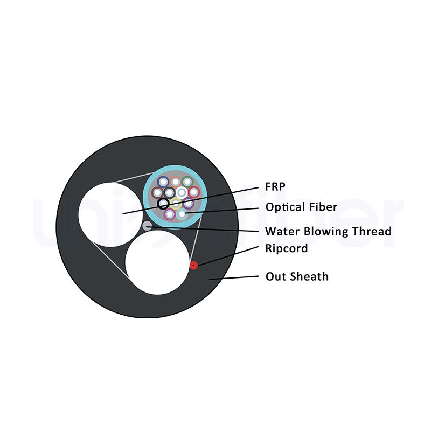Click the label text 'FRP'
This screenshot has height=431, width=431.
(x=275, y=186)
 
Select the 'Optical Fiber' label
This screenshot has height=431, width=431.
(x=301, y=207)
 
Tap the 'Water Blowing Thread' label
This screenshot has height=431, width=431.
(x=328, y=232)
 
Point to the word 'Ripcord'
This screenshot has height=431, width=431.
(x=287, y=249)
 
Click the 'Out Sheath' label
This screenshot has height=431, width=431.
(x=297, y=277)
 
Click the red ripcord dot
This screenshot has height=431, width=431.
(x=193, y=265)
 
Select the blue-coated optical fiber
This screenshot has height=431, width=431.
(x=163, y=182)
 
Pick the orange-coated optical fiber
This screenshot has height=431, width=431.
(x=175, y=182)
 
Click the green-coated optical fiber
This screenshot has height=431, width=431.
(x=187, y=182)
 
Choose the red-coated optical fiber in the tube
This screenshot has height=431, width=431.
(x=194, y=192)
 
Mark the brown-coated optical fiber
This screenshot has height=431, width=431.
(x=157, y=192)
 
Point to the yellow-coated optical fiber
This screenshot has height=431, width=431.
(x=176, y=204)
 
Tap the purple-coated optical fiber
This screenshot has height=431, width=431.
(x=188, y=204)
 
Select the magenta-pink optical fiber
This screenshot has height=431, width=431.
(x=170, y=214)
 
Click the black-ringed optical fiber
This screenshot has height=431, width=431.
(x=163, y=204)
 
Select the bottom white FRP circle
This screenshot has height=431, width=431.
(x=157, y=262)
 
